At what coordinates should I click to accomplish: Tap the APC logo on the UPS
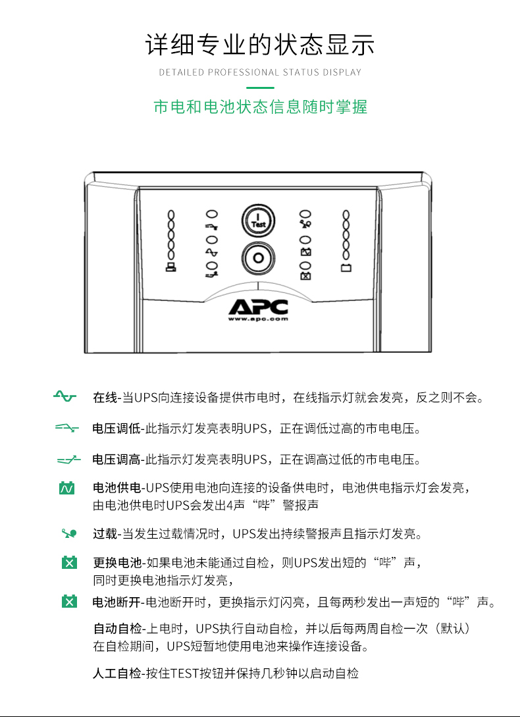(259, 307)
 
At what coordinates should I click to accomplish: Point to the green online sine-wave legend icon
(65, 396)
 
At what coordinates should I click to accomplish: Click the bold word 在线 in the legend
(104, 397)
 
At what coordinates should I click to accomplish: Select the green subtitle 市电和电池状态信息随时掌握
(260, 107)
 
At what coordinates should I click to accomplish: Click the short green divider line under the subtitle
(260, 87)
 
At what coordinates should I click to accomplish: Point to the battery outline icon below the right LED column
(346, 268)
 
